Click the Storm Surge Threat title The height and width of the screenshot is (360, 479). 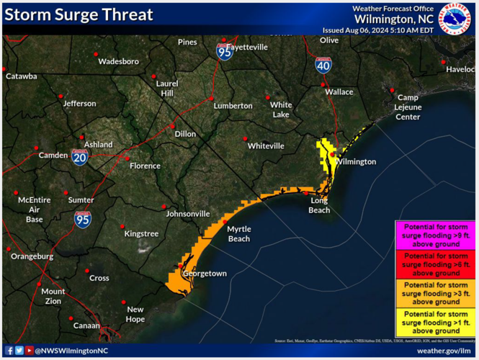point(79,14)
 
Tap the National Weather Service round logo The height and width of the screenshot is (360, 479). point(454,18)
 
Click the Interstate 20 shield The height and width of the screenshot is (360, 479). point(79,157)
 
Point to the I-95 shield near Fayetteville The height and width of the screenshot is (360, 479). point(225,51)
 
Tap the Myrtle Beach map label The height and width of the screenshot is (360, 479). point(238,233)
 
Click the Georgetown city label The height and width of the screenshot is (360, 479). point(205,274)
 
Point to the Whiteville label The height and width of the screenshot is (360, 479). point(266,145)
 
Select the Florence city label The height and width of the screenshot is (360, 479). point(145,166)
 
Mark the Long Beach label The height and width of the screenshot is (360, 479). point(320,205)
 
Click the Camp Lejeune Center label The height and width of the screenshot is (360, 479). point(408,107)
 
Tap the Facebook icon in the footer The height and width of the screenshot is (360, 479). point(9,351)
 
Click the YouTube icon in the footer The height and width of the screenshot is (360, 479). point(29,351)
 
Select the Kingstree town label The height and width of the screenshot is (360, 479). point(141,234)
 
